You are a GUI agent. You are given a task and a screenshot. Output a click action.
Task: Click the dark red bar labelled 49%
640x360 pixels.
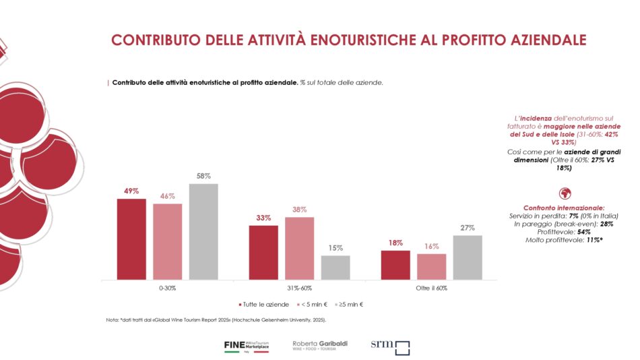pos(131,239)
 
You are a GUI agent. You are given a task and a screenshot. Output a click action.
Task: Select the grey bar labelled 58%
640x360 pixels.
pos(203,231)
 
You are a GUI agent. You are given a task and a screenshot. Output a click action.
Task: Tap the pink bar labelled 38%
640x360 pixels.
pos(299,248)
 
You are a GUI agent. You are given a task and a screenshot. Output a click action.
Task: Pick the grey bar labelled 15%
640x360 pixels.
pos(335,267)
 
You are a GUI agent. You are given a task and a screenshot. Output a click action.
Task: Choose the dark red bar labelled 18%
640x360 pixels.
pos(395,265)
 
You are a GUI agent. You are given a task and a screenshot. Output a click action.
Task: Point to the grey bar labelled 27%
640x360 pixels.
pos(468,257)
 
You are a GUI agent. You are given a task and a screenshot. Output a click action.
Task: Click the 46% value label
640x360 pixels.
pos(167,196)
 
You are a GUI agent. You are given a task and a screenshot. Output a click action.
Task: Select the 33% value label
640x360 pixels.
pos(263,218)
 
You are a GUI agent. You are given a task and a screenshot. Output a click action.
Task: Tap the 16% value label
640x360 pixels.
pos(431,247)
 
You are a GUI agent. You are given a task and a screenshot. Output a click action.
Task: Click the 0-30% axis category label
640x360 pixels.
pos(167,288)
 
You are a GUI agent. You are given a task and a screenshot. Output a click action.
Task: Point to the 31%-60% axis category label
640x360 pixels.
pos(299,288)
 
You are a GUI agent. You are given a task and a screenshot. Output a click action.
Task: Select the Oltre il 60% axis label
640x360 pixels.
pos(431,288)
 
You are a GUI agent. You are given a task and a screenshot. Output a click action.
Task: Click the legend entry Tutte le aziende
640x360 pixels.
pos(261,305)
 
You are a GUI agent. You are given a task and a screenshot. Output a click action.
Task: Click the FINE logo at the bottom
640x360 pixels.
pos(246,347)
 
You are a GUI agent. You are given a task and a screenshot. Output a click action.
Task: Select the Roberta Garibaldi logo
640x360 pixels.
pos(320,346)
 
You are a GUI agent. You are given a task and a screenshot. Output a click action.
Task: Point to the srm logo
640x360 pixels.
pos(390,347)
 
